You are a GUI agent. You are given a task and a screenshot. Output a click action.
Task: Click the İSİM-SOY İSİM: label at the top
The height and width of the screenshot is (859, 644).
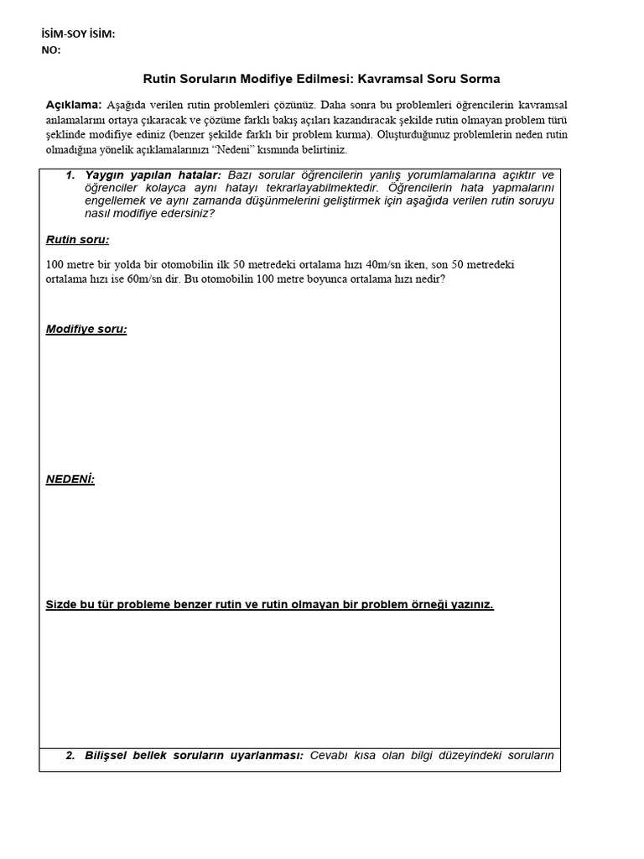coord(78,34)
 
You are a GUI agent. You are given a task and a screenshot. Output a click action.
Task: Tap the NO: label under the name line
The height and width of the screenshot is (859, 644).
coord(51,49)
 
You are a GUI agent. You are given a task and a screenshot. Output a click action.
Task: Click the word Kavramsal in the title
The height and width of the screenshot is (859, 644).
coord(393,79)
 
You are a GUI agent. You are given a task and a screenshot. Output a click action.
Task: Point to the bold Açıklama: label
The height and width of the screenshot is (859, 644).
coord(73,105)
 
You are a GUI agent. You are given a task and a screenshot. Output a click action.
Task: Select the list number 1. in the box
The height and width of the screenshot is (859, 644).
coord(70,175)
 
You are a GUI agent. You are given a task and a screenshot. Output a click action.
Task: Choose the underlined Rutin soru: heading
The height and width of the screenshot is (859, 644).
coord(77,240)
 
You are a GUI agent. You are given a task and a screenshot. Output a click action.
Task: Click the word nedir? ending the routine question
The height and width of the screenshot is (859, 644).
coord(430,279)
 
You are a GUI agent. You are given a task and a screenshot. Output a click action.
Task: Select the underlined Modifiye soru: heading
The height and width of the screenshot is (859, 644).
coord(86,329)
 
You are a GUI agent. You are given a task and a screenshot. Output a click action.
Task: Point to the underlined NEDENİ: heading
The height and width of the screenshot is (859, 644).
coord(70,479)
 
